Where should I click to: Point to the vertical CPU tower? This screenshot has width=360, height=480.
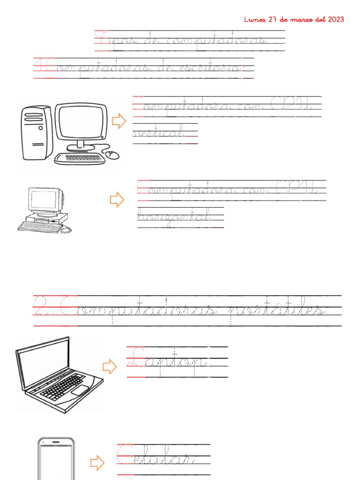click(x=36, y=132)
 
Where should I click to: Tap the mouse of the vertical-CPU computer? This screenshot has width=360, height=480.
click(x=112, y=154)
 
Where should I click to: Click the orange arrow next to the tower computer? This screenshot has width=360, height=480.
click(x=119, y=121)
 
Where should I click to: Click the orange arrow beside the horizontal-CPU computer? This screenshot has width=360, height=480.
click(x=117, y=200)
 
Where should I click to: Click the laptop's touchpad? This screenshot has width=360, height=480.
click(x=80, y=390)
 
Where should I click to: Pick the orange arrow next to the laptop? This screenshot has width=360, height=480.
click(x=110, y=367)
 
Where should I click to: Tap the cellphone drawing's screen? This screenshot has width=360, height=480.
click(x=56, y=462)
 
